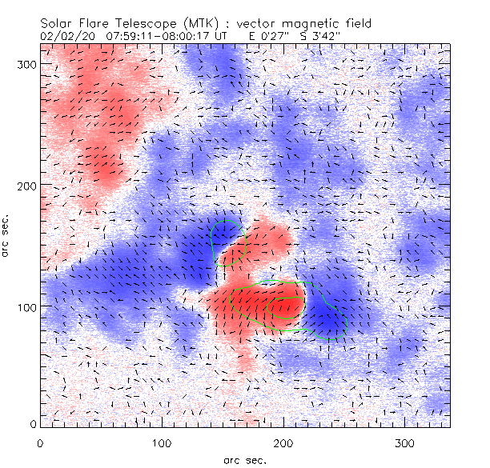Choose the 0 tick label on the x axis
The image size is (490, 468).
click(40, 442)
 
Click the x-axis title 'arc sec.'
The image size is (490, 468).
click(243, 460)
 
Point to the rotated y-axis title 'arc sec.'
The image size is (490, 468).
click(7, 235)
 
